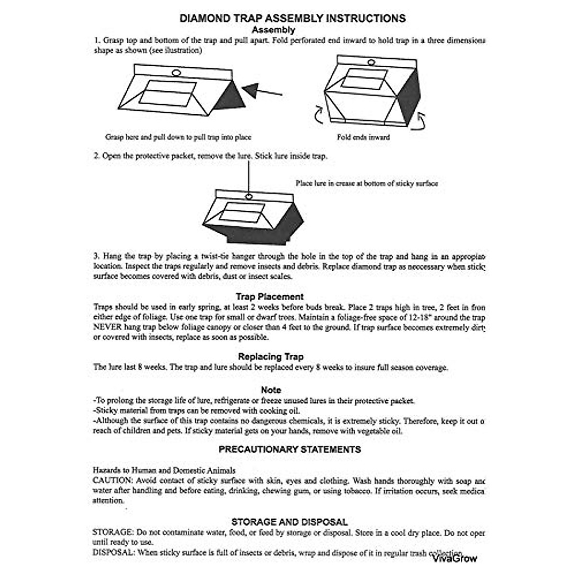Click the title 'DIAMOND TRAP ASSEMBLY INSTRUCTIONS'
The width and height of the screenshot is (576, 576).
(292, 19)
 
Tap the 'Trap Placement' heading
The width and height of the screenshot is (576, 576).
(269, 297)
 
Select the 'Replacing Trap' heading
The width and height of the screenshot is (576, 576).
(271, 357)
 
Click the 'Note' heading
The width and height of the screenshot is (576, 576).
(271, 390)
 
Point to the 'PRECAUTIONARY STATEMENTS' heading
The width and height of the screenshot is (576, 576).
(290, 450)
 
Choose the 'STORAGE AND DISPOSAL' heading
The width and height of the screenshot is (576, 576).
(289, 522)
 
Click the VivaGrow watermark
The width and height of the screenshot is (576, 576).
(455, 558)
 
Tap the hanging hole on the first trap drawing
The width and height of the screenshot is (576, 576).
(176, 73)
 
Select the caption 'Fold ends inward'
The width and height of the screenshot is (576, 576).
(363, 137)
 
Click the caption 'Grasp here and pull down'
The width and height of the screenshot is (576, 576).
(178, 137)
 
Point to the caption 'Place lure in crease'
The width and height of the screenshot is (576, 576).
(367, 183)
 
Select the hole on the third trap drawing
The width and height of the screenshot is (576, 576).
(249, 196)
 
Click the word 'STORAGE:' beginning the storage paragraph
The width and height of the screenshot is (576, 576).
(113, 532)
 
